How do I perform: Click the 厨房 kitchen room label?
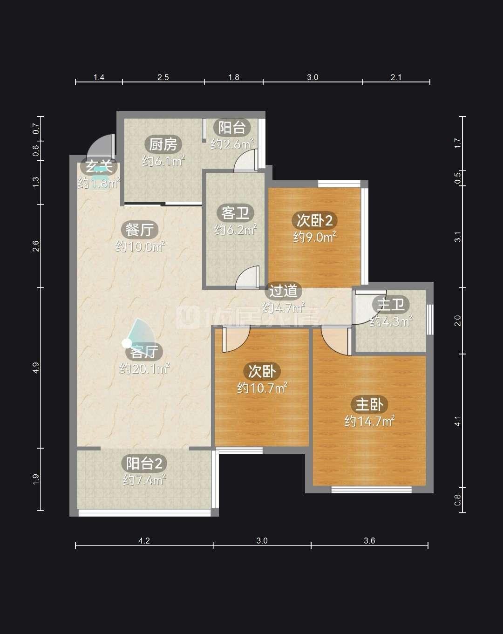[163, 144]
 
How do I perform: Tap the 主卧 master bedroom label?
[369, 404]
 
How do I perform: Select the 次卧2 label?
[314, 220]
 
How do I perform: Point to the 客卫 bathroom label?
[235, 213]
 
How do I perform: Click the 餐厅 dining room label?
[140, 230]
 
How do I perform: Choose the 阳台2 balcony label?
[144, 463]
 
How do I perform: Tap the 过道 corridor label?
[283, 291]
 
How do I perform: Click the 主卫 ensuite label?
[391, 305]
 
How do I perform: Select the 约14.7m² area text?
[369, 421]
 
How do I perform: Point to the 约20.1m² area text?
[144, 368]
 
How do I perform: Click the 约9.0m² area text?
[314, 237]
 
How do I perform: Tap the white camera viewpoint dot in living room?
[127, 343]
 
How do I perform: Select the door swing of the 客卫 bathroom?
[247, 278]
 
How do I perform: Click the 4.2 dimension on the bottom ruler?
[144, 541]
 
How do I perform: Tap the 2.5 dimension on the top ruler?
[163, 77]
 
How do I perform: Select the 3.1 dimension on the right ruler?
[457, 237]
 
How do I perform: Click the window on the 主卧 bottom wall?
[371, 490]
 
